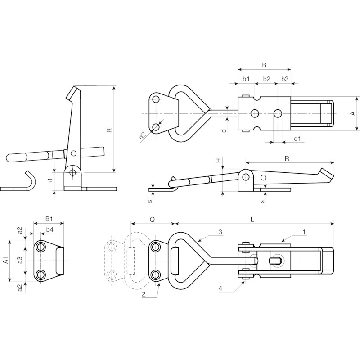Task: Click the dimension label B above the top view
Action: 264,65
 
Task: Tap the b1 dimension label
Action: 246,79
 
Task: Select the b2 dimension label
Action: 266,79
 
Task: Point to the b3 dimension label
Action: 285,79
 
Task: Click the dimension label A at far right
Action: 354,113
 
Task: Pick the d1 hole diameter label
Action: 297,139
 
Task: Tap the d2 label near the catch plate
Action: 143,136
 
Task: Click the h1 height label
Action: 51,181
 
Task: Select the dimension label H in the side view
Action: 219,161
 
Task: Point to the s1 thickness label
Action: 150,200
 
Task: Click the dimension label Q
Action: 152,220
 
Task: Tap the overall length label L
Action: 252,220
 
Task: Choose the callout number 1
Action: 304,232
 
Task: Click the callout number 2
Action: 144,294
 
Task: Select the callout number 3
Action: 220,232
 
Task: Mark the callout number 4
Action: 220,288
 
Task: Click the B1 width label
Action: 49,219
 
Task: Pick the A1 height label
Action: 6,261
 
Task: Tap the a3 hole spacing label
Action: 20,260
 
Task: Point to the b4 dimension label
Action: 50,229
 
